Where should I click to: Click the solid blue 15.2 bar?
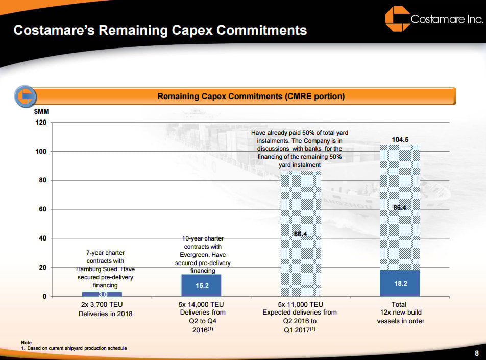tap(201, 285)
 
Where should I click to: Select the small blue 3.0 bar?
tap(102, 294)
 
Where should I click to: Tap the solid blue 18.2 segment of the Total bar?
tap(400, 283)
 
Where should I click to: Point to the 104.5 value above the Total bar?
tap(400, 139)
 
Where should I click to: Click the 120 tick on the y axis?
tap(41, 123)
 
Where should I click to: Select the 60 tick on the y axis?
tap(42, 209)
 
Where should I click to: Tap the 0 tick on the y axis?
tap(44, 297)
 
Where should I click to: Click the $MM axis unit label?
tap(41, 111)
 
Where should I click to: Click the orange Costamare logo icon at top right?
tap(397, 19)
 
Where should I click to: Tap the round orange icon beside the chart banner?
tap(25, 96)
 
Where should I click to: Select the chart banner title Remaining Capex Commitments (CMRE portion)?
tap(251, 96)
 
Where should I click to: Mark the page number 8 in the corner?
tap(476, 353)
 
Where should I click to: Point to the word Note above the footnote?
tap(26, 342)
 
